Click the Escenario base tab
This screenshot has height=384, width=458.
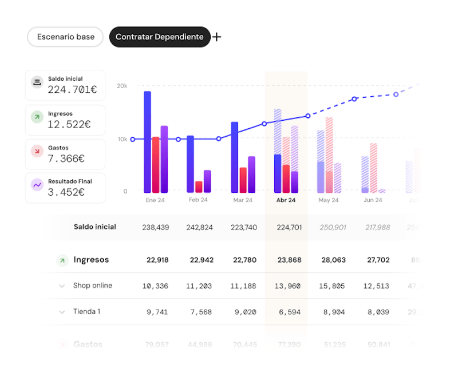[65, 37]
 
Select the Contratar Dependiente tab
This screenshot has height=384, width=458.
[159, 37]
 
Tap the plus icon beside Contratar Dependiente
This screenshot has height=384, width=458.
[217, 37]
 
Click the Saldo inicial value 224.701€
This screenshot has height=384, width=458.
[72, 89]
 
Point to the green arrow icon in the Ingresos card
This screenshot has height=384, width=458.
[37, 118]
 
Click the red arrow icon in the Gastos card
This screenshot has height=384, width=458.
[37, 152]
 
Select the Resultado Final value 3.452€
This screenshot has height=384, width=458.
[66, 192]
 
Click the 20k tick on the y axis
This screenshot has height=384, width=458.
[122, 86]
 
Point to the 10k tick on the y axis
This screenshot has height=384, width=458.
[122, 139]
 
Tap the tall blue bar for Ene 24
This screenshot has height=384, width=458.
[147, 142]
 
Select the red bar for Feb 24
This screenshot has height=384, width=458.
[199, 187]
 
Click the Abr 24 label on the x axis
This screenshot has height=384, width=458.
[286, 200]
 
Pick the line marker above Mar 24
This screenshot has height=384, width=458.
[219, 139]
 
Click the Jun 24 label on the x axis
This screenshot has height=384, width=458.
[373, 200]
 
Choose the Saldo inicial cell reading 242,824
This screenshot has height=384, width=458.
[199, 227]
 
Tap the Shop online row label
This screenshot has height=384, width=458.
[93, 286]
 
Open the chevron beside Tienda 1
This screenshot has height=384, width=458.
[62, 312]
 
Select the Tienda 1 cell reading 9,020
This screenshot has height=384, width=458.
[245, 312]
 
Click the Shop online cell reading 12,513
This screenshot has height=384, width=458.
[377, 286]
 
